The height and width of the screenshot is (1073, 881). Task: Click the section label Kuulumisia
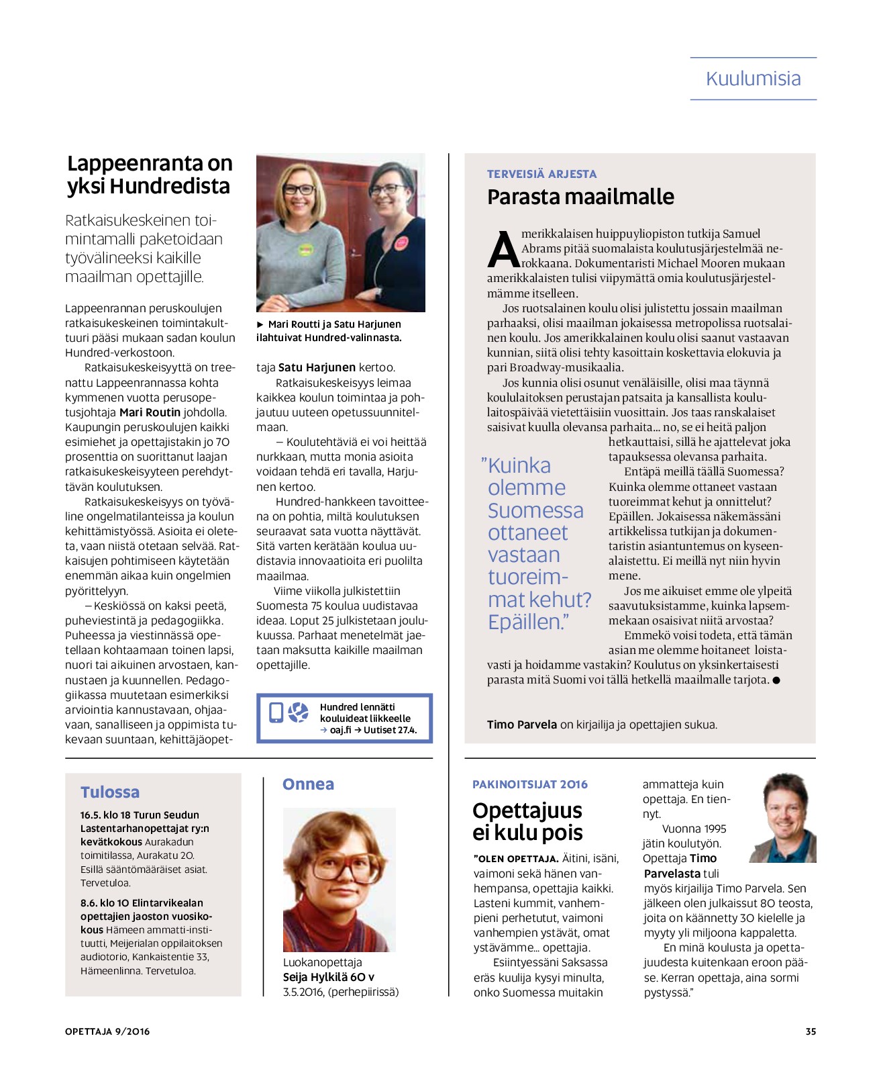[x=753, y=79]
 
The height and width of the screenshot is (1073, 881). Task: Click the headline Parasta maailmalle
[x=580, y=197]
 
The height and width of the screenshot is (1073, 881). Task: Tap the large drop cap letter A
[x=503, y=250]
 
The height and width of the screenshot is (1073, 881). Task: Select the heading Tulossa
[x=110, y=792]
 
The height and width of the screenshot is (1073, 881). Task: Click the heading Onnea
[x=308, y=784]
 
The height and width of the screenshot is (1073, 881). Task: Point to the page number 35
[x=811, y=1031]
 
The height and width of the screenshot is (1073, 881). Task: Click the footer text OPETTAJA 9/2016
[x=107, y=1031]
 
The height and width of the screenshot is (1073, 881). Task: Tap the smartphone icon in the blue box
[x=276, y=712]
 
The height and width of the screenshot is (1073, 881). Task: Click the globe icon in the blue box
[x=298, y=712]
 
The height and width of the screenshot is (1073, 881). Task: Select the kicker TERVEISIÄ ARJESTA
[x=541, y=174]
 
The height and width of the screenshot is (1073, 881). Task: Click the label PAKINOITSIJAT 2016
[x=530, y=784]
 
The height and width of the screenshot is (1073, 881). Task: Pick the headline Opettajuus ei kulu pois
[x=527, y=821]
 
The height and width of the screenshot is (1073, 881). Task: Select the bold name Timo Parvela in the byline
[x=521, y=725]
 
